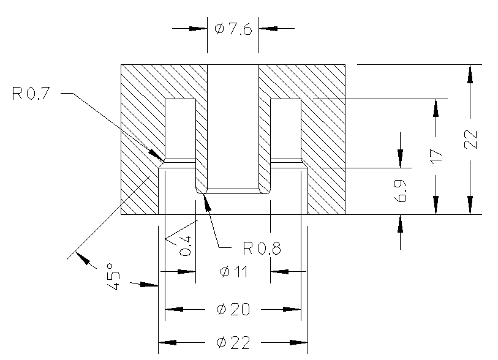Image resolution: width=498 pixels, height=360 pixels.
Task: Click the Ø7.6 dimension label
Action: click(233, 29)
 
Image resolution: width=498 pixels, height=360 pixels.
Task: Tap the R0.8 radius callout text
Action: click(262, 248)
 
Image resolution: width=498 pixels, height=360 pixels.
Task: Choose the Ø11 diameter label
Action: click(233, 272)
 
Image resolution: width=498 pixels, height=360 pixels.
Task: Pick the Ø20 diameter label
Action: click(233, 310)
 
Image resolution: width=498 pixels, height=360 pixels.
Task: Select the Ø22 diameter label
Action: click(233, 343)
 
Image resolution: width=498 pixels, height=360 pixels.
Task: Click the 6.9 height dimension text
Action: click(401, 191)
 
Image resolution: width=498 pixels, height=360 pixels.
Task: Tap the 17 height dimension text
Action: click(436, 154)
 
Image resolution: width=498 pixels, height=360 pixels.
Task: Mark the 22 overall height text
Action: click(470, 140)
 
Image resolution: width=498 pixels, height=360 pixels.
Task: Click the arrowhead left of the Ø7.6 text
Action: click(198, 28)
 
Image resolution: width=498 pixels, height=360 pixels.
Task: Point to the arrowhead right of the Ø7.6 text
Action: click(268, 28)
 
